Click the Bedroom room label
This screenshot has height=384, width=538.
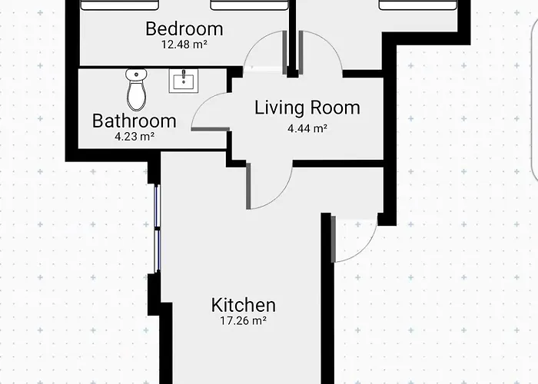tap(184, 29)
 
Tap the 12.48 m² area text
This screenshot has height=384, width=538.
tap(184, 45)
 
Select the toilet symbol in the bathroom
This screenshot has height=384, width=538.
tap(136, 90)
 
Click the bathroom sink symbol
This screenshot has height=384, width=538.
tap(183, 81)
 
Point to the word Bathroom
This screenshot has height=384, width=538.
tap(134, 121)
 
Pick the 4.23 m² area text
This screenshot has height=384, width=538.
tap(134, 137)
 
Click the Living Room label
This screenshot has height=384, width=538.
tap(307, 108)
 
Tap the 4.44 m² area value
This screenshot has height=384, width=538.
tap(307, 128)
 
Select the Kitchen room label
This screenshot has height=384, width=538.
tap(244, 305)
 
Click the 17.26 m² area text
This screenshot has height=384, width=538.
tap(244, 320)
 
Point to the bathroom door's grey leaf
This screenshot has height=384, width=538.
tap(210, 129)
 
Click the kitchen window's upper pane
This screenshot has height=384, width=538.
tap(158, 206)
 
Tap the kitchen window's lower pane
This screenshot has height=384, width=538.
tap(158, 251)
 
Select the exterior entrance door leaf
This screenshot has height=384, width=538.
tap(333, 239)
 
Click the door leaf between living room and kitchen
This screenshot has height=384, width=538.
tap(248, 186)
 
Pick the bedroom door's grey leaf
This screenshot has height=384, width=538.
tap(284, 53)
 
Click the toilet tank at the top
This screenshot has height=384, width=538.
tap(136, 74)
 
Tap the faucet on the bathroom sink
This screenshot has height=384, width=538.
tap(184, 74)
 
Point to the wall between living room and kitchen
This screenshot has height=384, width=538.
tap(338, 164)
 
